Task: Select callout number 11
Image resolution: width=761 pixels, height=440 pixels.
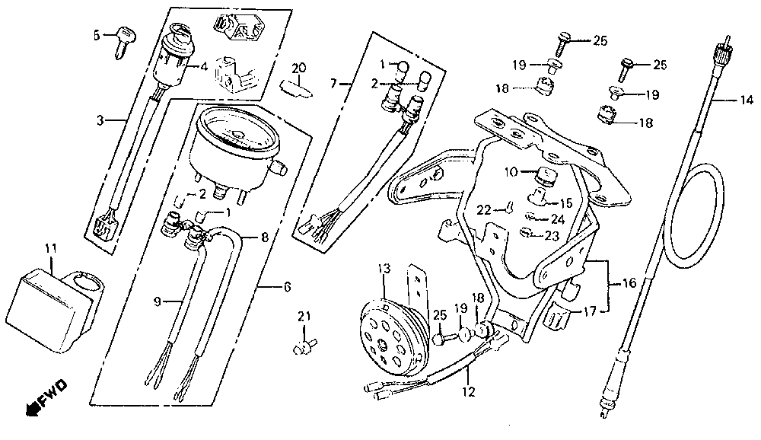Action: tap(50, 249)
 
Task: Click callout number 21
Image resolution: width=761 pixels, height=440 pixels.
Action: tap(304, 316)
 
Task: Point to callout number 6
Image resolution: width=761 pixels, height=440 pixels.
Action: tap(287, 287)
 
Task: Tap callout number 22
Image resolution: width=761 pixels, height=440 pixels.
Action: tap(482, 209)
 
